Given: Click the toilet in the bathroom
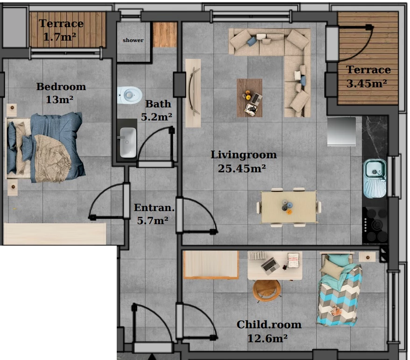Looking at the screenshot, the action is pos(129,95).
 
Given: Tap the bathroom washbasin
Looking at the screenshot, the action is pos(128,142).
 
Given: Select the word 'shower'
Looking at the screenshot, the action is pos(133,40).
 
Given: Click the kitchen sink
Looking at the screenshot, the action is pos(375,178).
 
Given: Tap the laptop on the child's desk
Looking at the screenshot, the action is pos(270,265).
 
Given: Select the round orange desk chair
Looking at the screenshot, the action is pos(267,290).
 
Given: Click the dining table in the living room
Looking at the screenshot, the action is pos(289,207).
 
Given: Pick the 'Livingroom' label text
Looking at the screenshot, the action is pos(244,155).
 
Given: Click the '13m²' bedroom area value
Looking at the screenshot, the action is pos(60,99).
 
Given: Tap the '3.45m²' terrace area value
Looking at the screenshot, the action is pos(367,84).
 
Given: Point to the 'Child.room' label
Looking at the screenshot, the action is pos(269,325).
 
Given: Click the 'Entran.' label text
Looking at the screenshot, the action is pos(154,208).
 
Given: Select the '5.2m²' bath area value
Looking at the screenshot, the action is pos(156,117).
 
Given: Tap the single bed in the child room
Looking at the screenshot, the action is pos(339,289).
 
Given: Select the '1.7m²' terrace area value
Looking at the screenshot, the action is pos(60,37).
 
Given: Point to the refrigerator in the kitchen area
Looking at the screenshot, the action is pos(341,131).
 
